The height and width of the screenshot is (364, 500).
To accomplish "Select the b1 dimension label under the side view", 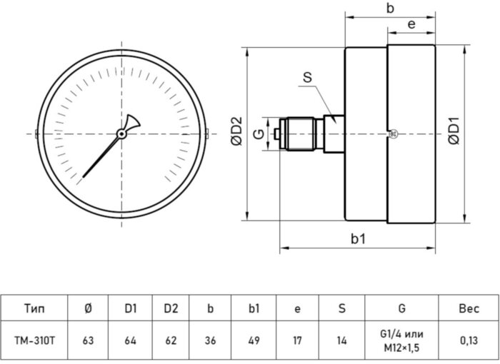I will click(359, 238).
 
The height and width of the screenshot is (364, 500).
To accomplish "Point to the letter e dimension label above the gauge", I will click(411, 24).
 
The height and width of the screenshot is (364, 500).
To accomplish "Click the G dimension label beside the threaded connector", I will click(259, 133).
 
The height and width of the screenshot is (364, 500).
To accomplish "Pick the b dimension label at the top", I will click(390, 9).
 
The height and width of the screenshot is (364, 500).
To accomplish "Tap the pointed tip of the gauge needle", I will click(83, 177).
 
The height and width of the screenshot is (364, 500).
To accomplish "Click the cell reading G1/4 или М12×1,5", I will click(403, 340).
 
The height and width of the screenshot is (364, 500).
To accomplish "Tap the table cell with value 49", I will click(253, 340).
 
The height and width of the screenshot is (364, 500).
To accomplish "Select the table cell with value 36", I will click(210, 340).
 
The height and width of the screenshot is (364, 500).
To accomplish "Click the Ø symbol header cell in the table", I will click(88, 308).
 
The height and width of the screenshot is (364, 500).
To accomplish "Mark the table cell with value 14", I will click(341, 340).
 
